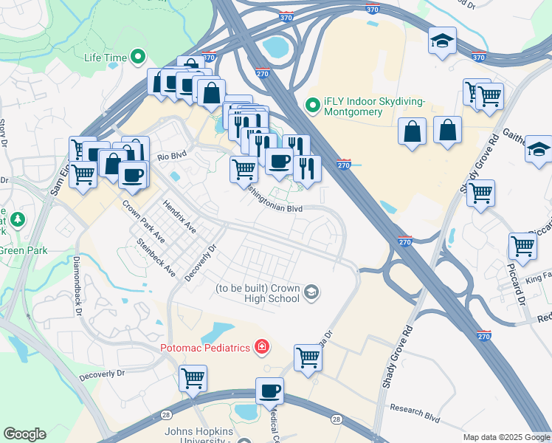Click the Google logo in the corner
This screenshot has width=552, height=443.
click(x=24, y=434)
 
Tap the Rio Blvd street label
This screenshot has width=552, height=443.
click(x=172, y=157)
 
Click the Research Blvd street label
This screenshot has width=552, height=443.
click(x=415, y=413)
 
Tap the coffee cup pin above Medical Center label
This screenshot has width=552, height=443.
click(x=269, y=389)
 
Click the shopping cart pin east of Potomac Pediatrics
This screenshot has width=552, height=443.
click(x=308, y=357)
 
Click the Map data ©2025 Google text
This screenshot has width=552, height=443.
click(x=506, y=437)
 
